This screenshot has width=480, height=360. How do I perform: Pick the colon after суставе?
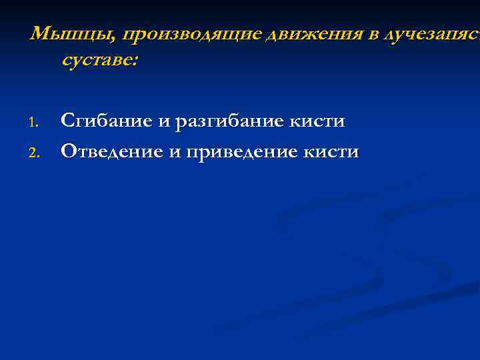click(136, 61)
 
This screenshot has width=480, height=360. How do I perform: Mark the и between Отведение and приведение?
click(174, 152)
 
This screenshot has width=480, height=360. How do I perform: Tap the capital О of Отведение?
click(68, 151)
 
